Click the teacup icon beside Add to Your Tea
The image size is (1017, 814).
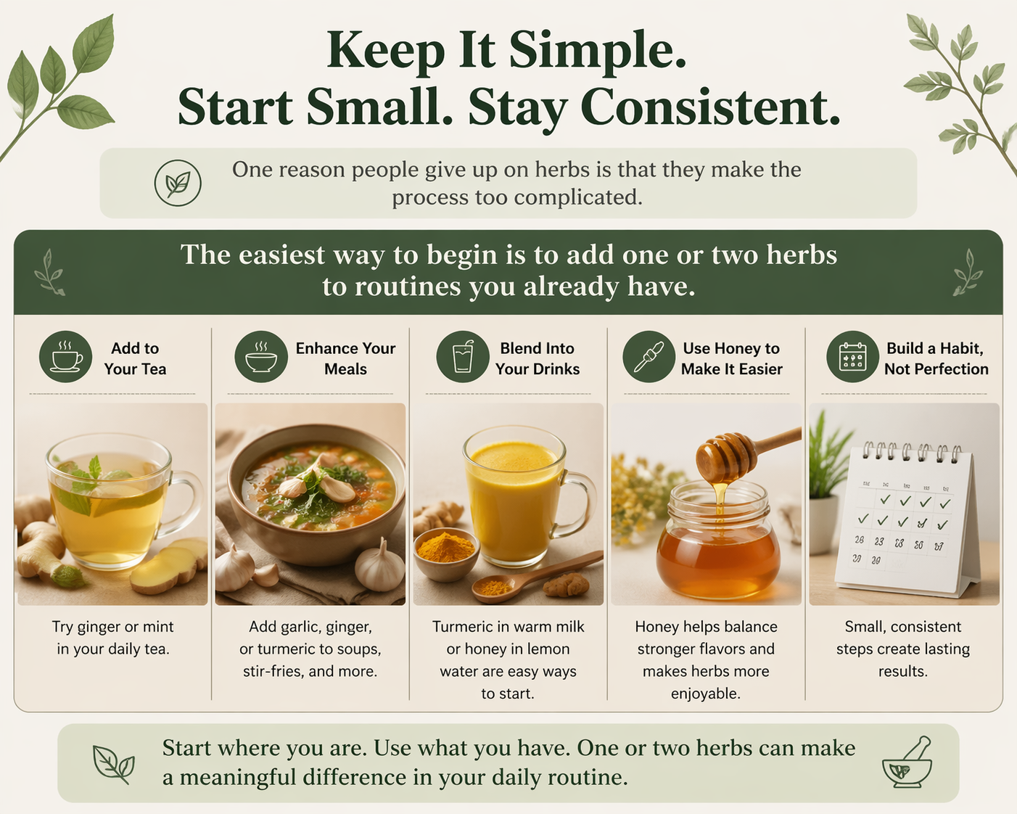65,358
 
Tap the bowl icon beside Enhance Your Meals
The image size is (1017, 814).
261,358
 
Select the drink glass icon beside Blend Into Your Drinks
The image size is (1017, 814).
463,358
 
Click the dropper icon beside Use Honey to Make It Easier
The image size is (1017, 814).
649,358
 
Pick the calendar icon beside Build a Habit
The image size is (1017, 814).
852,358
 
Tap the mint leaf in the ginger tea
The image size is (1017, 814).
94,469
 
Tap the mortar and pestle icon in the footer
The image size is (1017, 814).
907,763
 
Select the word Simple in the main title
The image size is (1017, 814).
597,51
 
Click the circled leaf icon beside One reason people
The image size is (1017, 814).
178,183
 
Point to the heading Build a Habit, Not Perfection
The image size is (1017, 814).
935,358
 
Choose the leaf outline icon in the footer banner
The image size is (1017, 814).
114,764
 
